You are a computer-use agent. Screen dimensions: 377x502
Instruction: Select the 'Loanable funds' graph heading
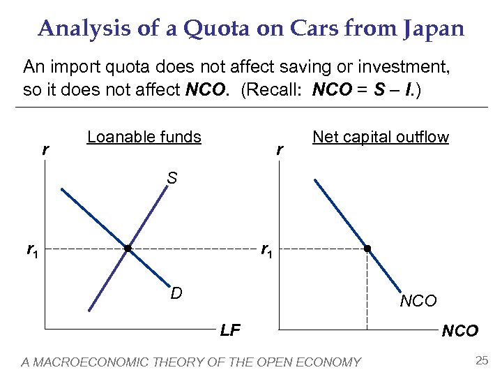144,137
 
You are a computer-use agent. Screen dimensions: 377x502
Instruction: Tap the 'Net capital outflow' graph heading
381,137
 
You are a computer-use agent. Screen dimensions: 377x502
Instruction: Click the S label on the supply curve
172,179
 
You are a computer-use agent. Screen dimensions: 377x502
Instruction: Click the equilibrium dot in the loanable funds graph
128,249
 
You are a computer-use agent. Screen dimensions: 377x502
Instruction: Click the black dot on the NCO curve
367,249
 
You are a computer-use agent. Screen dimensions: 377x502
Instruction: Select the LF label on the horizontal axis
230,330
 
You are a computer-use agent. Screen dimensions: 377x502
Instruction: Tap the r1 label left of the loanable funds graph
32,249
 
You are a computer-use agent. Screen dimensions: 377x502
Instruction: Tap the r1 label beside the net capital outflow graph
266,249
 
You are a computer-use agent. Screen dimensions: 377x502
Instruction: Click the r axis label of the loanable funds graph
45,149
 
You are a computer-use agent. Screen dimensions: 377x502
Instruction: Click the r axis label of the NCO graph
280,149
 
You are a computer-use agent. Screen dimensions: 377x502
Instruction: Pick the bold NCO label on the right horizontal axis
460,331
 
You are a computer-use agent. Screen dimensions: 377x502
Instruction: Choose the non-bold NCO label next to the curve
418,302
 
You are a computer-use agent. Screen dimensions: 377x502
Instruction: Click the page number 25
481,361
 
